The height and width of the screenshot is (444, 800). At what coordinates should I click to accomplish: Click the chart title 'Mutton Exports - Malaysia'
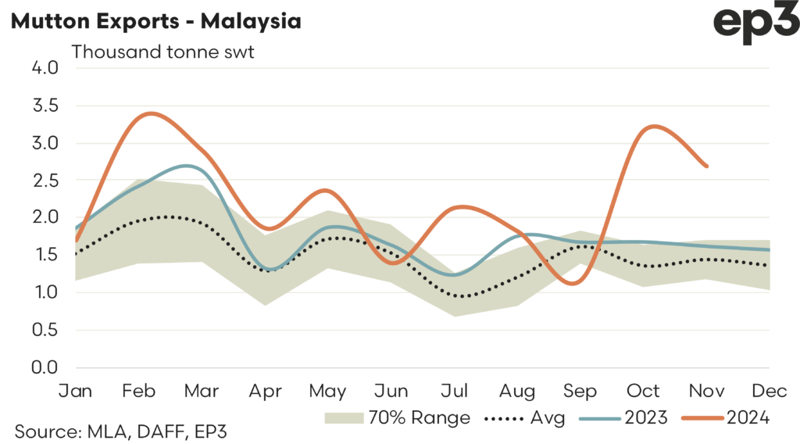pyautogui.click(x=155, y=21)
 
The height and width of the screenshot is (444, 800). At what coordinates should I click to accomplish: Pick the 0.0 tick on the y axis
pyautogui.click(x=43, y=367)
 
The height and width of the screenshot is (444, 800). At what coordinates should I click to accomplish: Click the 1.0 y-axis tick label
pyautogui.click(x=43, y=292)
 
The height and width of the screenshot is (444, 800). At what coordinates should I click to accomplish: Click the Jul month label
pyautogui.click(x=454, y=390)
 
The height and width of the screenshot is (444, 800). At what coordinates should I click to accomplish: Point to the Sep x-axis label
pyautogui.click(x=580, y=390)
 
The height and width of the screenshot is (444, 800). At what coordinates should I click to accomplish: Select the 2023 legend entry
pyautogui.click(x=624, y=418)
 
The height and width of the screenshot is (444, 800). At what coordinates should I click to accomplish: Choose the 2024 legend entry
pyautogui.click(x=727, y=418)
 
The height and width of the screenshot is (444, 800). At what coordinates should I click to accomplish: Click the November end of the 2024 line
pyautogui.click(x=706, y=166)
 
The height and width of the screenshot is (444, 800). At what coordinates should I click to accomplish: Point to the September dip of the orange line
pyautogui.click(x=575, y=284)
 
